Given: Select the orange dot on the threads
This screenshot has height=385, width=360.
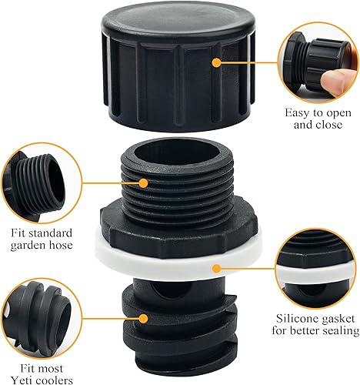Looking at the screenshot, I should (144, 182).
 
